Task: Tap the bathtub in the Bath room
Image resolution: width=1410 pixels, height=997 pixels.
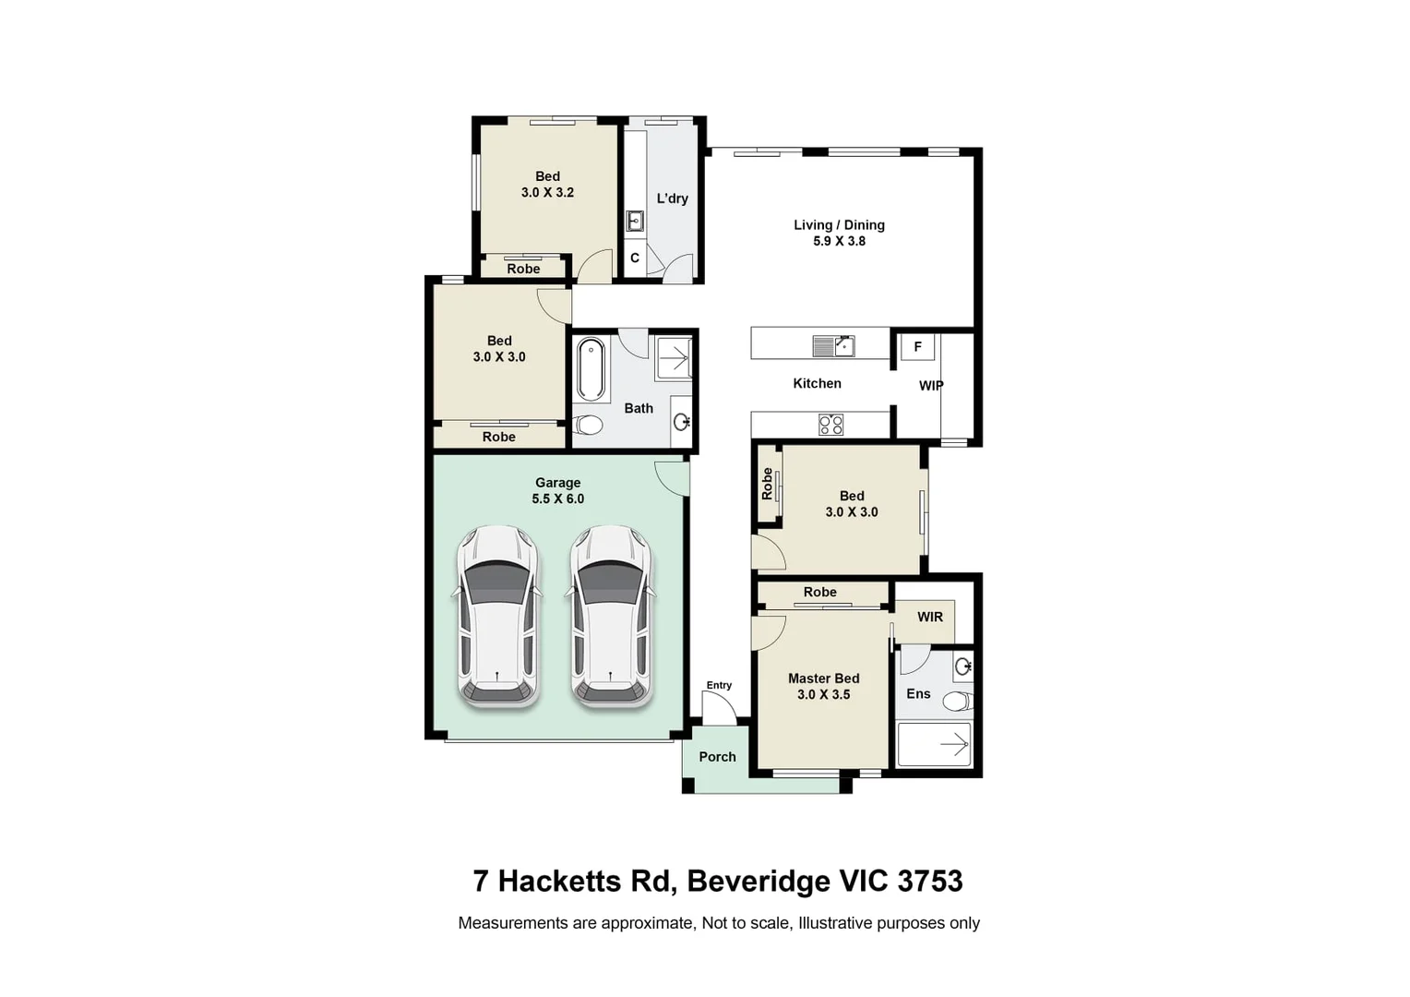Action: pos(591,369)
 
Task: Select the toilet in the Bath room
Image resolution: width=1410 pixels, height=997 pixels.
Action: pos(589,425)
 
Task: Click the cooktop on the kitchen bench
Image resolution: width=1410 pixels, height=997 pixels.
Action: pos(830,424)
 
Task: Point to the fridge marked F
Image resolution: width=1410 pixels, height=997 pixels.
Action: pos(918,346)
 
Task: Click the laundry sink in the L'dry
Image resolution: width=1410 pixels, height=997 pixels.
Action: pos(635,222)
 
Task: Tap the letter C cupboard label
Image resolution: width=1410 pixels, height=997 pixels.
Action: pos(635,258)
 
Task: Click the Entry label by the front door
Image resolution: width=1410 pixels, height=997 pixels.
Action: pos(719,685)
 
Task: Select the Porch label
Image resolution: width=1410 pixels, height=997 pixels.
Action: pos(717,757)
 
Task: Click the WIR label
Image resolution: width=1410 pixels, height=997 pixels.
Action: pos(930,618)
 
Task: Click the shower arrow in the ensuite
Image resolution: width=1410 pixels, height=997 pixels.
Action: pos(954,746)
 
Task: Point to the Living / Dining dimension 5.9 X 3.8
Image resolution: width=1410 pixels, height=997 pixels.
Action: pos(839,241)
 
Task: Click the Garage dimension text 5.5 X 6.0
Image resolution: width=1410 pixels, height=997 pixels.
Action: pos(557,498)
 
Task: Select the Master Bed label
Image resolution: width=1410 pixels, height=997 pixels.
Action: pos(823,679)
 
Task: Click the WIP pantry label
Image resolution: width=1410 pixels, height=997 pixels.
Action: pos(931,386)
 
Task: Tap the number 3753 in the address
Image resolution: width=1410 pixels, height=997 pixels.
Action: pos(930,882)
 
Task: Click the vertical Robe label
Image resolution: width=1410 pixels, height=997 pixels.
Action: pos(767,484)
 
